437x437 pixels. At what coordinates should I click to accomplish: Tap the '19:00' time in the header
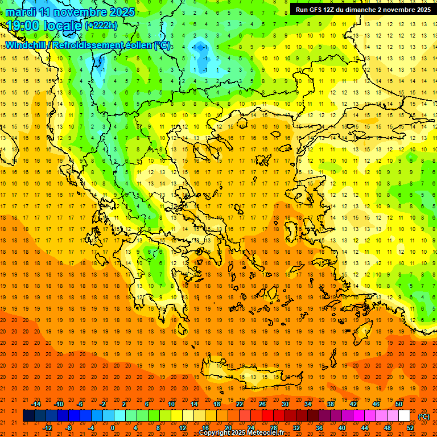pos(23,25)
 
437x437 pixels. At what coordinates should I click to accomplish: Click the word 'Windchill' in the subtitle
pos(27,45)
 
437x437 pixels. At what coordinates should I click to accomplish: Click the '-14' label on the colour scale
pos(36,404)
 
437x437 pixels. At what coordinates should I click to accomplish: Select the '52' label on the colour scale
pos(410,428)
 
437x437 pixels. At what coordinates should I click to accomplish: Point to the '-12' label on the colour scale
pos(48,428)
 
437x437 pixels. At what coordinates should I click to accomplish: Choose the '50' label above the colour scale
pos(398,404)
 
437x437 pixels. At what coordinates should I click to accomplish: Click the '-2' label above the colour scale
pos(102,404)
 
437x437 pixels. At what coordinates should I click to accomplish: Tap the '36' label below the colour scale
pos(319,428)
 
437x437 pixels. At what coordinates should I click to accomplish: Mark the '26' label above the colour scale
pos(262,404)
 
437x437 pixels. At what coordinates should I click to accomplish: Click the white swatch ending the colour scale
pos(404,416)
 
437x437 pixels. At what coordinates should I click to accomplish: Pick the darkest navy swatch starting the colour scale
pos(28,416)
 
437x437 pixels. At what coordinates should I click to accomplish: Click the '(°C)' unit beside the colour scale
pos(424,417)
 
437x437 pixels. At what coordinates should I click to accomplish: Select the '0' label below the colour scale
pos(113,428)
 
